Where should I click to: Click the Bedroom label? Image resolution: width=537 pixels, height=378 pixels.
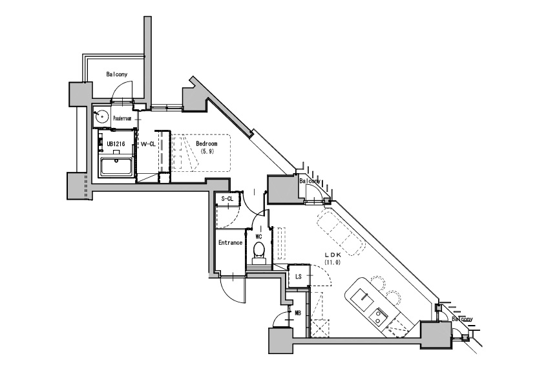[207, 144]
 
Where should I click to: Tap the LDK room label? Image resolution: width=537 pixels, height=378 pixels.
[333, 255]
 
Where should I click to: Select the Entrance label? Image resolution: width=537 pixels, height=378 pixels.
[231, 243]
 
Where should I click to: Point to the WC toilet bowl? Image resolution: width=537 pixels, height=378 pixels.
[258, 249]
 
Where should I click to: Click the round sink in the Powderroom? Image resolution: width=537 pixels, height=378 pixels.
[102, 117]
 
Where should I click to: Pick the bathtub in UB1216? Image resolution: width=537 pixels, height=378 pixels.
[116, 167]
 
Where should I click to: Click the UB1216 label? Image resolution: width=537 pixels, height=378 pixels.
[116, 144]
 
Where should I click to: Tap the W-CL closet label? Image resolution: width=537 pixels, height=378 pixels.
[148, 144]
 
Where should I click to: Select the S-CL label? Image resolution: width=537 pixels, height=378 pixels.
[227, 198]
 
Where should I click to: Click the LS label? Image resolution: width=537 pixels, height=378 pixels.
[299, 277]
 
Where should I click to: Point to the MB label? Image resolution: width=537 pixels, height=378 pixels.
[298, 313]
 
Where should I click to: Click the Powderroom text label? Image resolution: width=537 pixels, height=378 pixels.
[122, 118]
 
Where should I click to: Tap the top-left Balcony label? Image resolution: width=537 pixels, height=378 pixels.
[117, 74]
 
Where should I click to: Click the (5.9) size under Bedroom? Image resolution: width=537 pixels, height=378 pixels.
[207, 151]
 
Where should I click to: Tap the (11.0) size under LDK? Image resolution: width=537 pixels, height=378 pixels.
[333, 262]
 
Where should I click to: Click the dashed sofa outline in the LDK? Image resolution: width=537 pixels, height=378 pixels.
[341, 233]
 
